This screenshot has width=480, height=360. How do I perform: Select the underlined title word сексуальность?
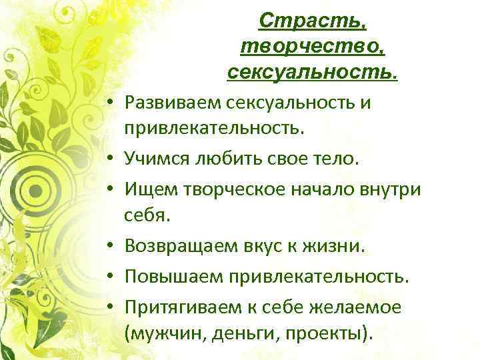(312, 70)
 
